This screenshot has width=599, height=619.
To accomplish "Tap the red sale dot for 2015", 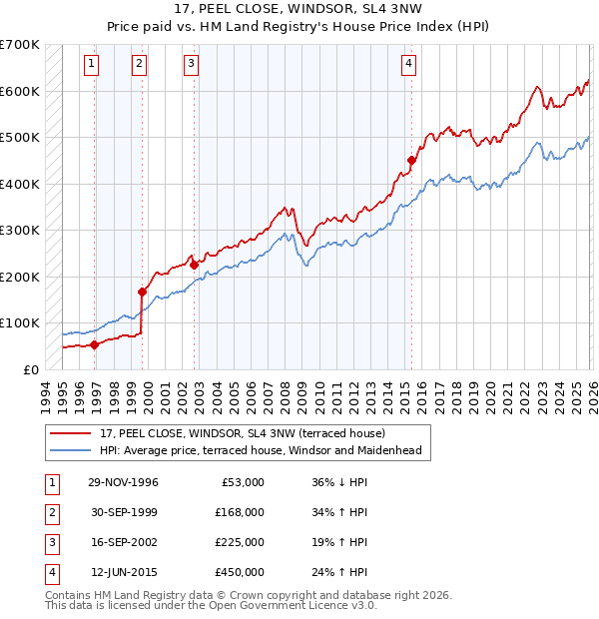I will tap(411, 160).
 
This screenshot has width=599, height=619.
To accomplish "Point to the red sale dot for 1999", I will tap(142, 292).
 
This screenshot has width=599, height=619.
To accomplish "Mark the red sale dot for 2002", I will tap(194, 265).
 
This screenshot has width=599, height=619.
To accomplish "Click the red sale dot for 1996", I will tap(94, 344).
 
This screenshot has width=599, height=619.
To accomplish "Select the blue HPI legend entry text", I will tap(261, 450).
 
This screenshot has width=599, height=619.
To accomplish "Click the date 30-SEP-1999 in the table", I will tap(123, 512).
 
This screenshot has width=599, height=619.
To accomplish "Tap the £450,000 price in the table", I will tap(240, 572).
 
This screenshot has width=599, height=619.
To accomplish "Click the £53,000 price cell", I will tap(243, 482).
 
